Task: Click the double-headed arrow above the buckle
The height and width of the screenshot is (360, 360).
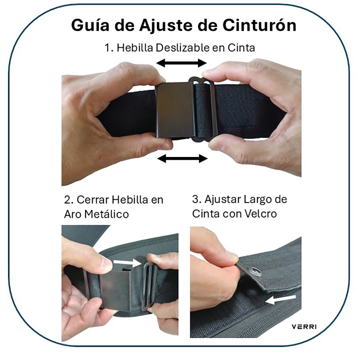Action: tap(181, 63)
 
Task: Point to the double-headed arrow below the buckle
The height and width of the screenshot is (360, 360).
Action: tap(183, 158)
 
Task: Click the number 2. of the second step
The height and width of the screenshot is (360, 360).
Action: tap(68, 200)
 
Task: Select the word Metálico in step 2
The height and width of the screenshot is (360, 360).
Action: tap(107, 215)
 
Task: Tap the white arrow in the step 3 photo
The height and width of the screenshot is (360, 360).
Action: tap(281, 300)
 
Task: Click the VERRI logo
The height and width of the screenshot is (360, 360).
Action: tap(304, 327)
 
